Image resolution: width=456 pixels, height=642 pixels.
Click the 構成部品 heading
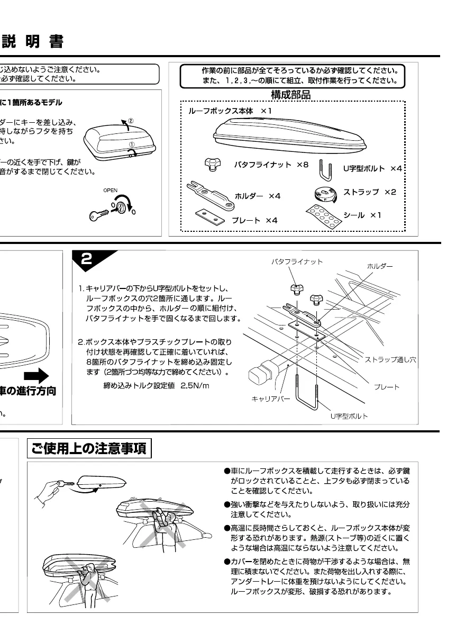point(290,95)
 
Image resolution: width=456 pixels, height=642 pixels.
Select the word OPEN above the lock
point(111,190)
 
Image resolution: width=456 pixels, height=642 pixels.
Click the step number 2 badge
point(90,259)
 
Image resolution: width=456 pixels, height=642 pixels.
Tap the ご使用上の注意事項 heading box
point(90,449)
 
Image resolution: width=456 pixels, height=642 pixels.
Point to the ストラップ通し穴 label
point(390,360)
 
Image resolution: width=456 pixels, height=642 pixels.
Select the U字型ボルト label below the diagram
point(349,416)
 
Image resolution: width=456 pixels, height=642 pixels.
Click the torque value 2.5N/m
point(195,385)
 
